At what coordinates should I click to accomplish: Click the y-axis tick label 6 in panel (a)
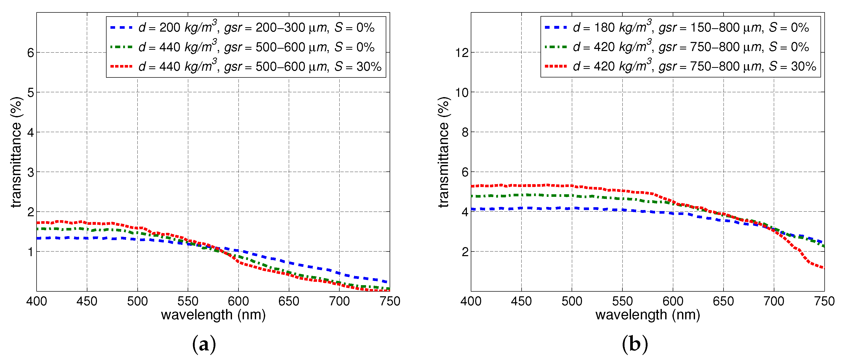tap(30, 53)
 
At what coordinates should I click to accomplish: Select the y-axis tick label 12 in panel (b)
tap(462, 53)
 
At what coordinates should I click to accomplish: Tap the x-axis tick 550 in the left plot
tap(188, 301)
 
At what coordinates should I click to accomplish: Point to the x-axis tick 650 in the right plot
tap(723, 301)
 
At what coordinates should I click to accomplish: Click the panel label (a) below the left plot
tap(204, 344)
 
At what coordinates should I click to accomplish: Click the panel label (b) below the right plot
tap(634, 344)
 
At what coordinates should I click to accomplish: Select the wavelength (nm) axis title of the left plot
tap(213, 315)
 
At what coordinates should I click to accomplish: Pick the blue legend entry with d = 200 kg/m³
tap(242, 27)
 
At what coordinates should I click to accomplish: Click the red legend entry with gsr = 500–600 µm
tap(245, 67)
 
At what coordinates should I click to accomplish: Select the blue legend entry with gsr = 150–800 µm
tap(677, 27)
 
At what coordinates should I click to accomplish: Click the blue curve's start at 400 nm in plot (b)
tap(472, 209)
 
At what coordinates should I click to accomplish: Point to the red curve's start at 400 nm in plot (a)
tap(37, 223)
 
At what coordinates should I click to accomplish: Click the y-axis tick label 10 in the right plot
tap(462, 92)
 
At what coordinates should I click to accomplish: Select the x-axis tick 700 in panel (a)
tap(339, 301)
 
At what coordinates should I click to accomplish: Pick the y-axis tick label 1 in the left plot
tap(30, 252)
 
